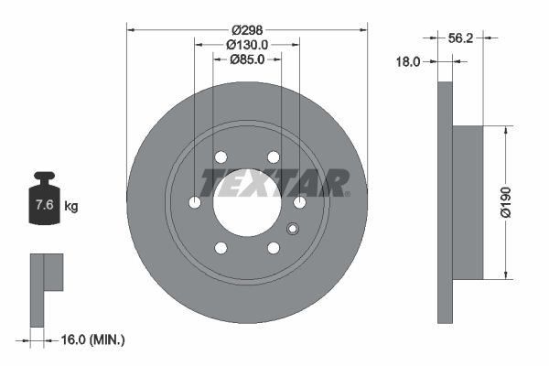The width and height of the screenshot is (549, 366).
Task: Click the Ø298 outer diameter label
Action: (246, 30)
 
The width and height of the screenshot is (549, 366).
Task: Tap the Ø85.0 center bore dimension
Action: (246, 60)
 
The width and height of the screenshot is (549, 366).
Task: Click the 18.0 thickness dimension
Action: (407, 62)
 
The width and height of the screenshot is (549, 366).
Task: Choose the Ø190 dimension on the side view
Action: (520, 202)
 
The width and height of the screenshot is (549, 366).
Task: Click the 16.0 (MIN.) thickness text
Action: (91, 339)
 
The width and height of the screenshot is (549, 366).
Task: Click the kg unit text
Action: (71, 207)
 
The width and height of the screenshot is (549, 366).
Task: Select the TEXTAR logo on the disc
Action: (274, 183)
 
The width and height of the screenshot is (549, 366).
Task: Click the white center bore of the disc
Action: (246, 205)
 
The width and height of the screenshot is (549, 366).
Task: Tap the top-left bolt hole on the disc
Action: (221, 157)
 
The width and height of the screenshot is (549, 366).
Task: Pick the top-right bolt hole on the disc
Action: (273, 157)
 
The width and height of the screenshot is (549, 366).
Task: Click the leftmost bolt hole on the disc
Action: (194, 202)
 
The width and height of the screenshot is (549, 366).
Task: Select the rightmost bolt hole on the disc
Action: (299, 202)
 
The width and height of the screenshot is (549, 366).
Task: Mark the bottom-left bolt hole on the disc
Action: (221, 247)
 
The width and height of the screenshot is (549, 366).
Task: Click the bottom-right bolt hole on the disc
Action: (273, 247)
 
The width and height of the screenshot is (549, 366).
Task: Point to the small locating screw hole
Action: (293, 230)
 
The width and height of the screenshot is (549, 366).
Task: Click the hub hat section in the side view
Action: (468, 202)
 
